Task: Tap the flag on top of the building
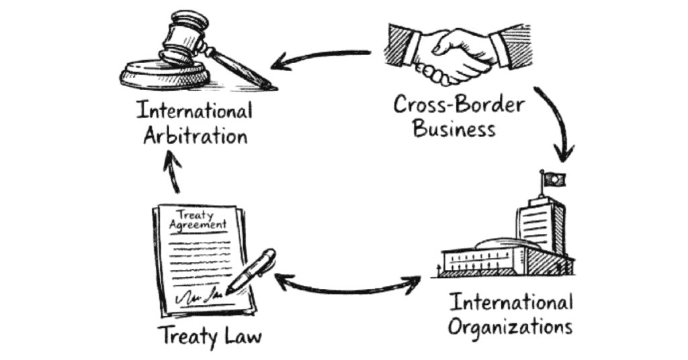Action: [554, 179]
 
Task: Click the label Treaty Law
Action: [209, 334]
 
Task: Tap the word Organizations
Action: [510, 327]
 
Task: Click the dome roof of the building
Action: [494, 244]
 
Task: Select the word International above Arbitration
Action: [194, 109]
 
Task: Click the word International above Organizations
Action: [511, 302]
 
